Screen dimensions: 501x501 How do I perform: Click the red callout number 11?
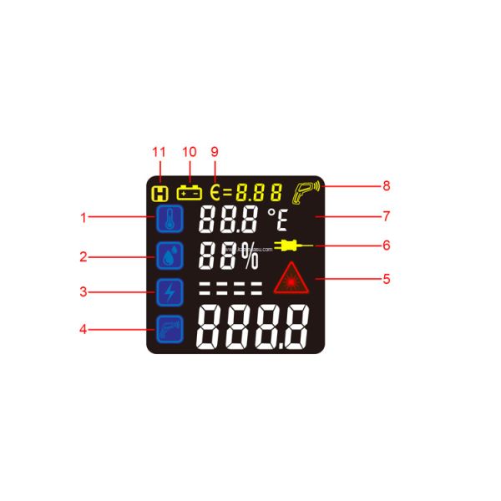[x=159, y=152]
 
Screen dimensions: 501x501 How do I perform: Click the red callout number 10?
[x=189, y=152]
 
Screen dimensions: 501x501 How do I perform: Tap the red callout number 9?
[x=215, y=152]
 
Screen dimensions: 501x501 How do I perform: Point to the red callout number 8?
[x=387, y=186]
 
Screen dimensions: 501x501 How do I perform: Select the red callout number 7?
[x=387, y=216]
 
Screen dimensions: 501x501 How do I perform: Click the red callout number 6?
[x=387, y=246]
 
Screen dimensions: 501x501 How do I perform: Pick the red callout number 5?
[x=387, y=278]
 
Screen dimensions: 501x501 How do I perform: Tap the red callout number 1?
[x=83, y=218]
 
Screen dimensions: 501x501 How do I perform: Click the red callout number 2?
[x=83, y=257]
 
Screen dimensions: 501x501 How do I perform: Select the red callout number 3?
[x=83, y=292]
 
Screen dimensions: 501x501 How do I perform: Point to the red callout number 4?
[x=83, y=329]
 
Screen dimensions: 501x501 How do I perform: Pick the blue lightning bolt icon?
[x=170, y=293]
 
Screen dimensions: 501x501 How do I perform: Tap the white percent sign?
[x=249, y=258]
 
